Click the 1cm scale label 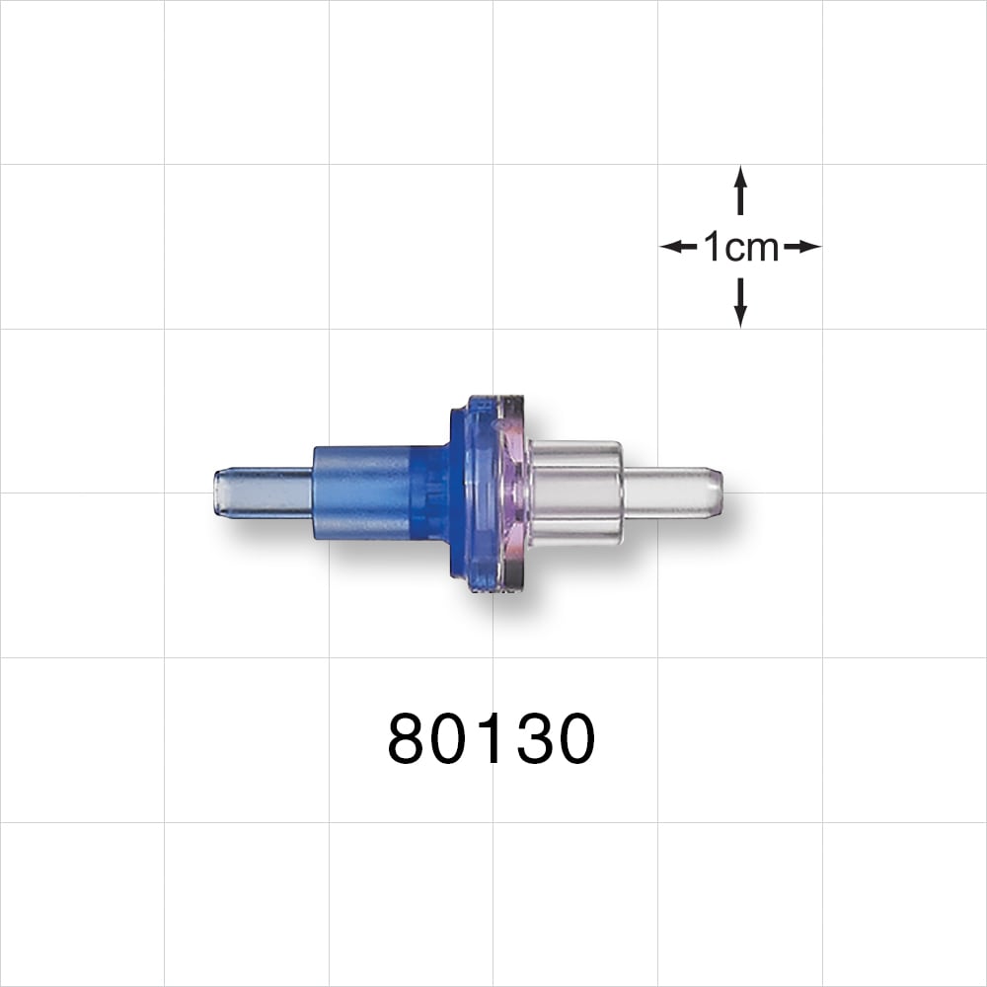click(740, 247)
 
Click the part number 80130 click(492, 740)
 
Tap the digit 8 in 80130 click(408, 740)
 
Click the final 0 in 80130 click(575, 740)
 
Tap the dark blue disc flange click(464, 493)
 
